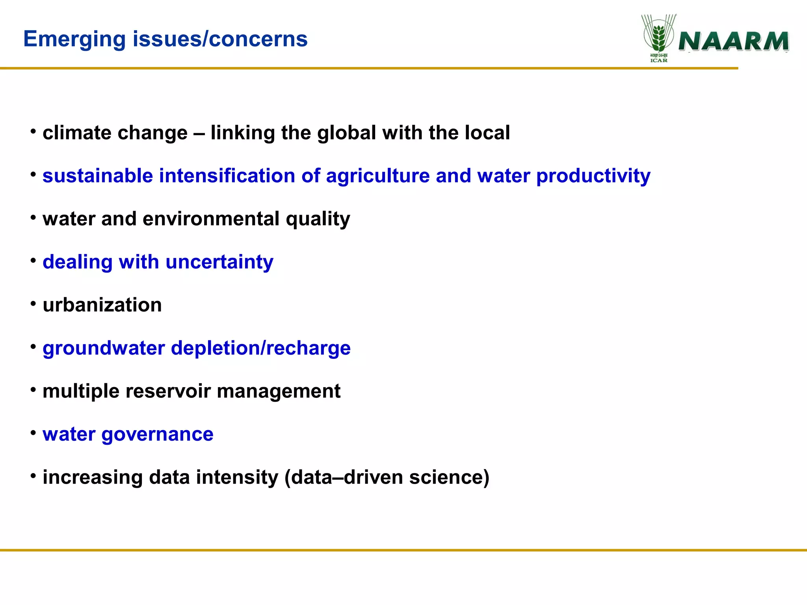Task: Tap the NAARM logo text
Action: (x=734, y=42)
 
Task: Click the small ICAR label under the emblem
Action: (x=659, y=61)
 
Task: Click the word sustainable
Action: (x=97, y=176)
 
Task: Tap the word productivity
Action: (x=593, y=176)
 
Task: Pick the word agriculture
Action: (x=377, y=176)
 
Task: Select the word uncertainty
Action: (x=219, y=262)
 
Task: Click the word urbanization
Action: (x=102, y=305)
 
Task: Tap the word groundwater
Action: (x=103, y=348)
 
